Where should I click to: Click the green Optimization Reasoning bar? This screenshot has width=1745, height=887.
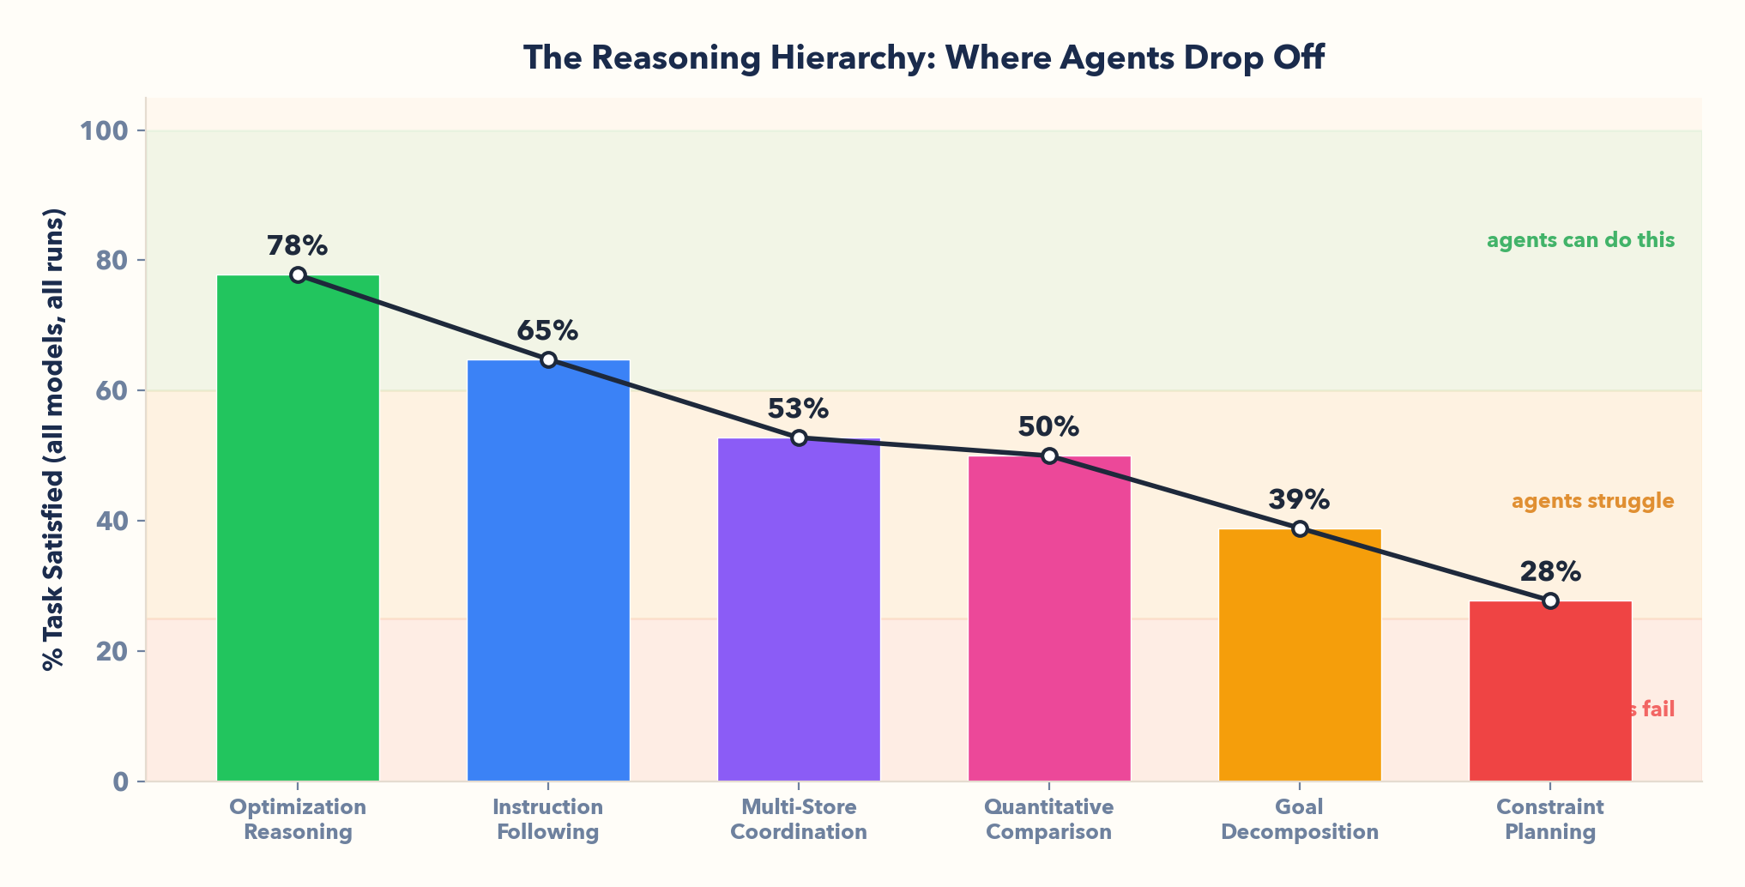tap(298, 528)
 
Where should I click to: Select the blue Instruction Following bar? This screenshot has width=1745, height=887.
tap(548, 570)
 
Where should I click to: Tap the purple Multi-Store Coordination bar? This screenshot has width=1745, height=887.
tap(799, 609)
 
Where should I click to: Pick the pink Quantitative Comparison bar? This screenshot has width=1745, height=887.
tap(1049, 618)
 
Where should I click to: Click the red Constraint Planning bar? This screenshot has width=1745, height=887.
tap(1550, 691)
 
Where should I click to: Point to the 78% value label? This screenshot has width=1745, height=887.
tap(297, 246)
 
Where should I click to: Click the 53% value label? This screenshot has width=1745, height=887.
tap(798, 409)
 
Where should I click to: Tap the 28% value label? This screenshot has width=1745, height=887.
tap(1549, 571)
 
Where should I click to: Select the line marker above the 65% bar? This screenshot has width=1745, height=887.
tap(548, 359)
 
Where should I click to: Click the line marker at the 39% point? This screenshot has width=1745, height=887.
tap(1300, 528)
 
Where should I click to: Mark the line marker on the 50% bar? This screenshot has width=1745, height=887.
tap(1049, 456)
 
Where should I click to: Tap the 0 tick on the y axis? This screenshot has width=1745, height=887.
tap(121, 781)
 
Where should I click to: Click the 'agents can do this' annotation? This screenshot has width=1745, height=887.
tap(1580, 240)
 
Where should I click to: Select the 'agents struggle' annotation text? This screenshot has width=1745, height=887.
tap(1592, 501)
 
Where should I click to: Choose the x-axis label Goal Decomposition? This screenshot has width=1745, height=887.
tap(1299, 819)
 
